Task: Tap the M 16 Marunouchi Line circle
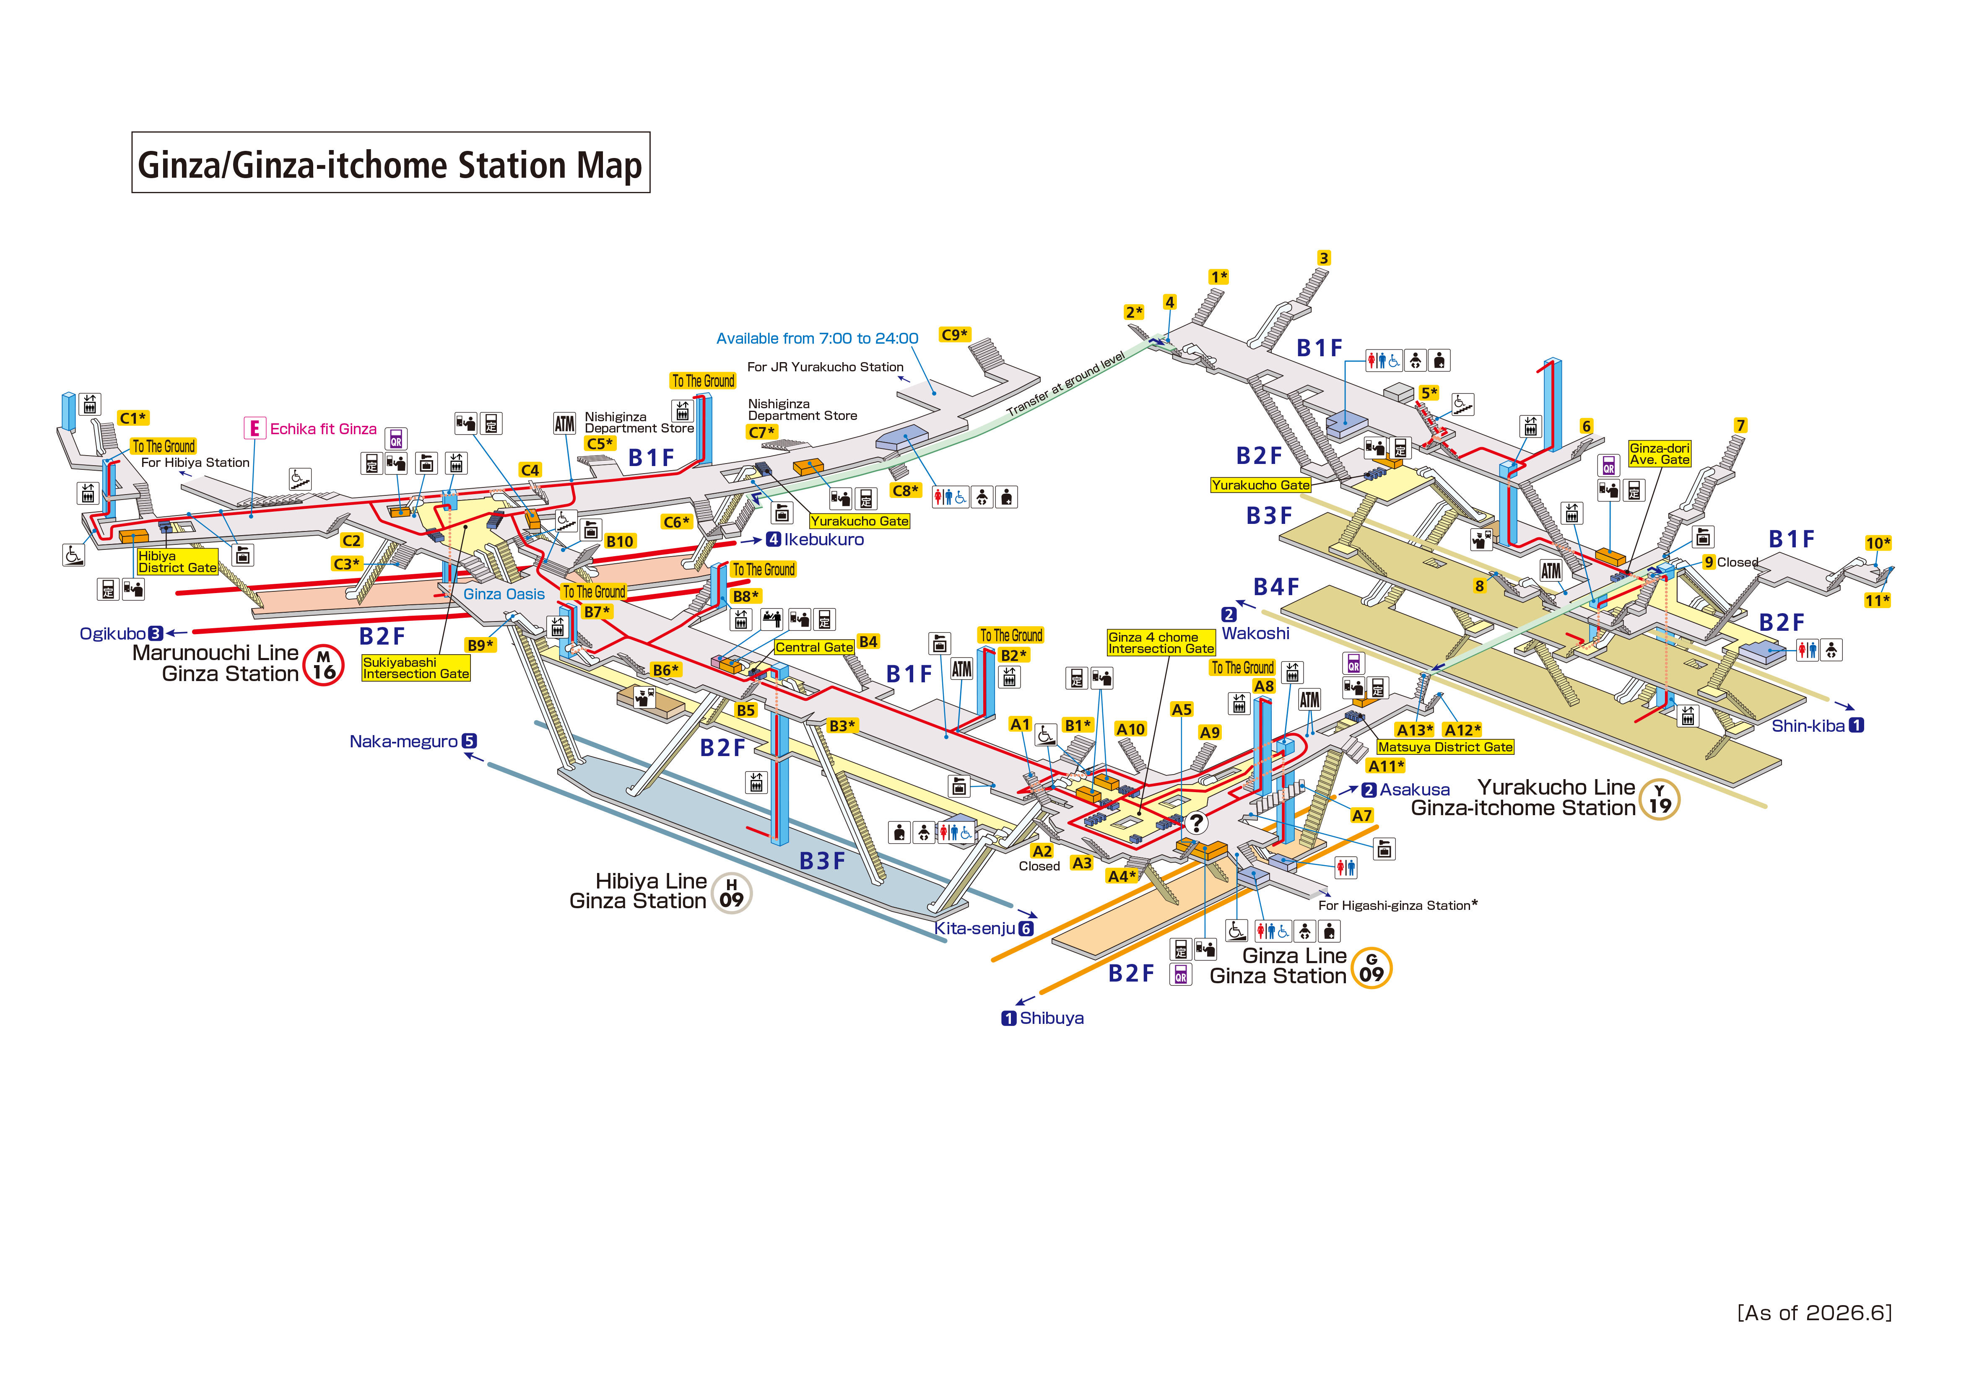coord(324,664)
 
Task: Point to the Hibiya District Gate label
coord(178,561)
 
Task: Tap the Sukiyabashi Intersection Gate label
coord(416,668)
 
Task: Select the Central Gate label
coord(814,647)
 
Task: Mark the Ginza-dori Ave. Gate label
coord(1660,453)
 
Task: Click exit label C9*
coord(954,335)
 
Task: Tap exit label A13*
coord(1414,730)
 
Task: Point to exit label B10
coord(619,541)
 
